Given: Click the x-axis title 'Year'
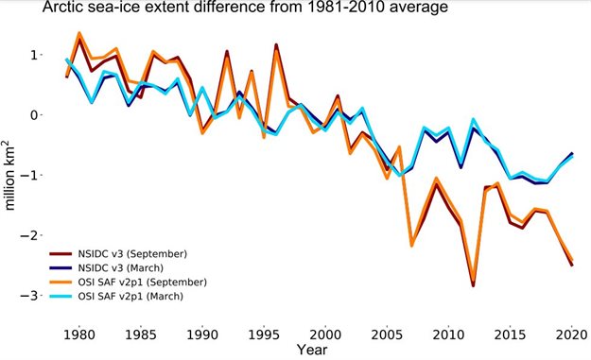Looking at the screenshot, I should (x=312, y=350).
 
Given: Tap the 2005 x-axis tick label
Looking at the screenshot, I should (x=388, y=334).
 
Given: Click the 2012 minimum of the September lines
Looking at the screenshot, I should (x=473, y=283).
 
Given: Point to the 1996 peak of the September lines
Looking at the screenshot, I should (x=276, y=45).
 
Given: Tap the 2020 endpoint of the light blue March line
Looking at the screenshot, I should (x=572, y=157).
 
